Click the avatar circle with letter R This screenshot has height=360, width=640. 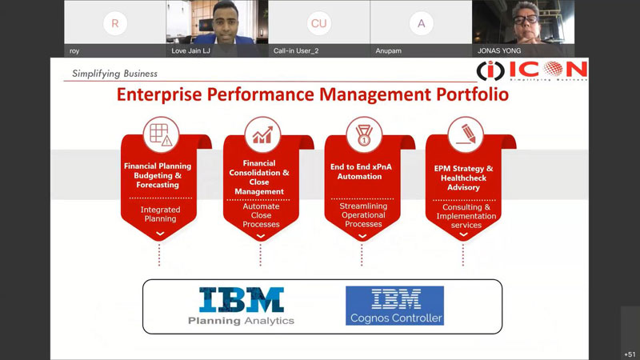(115, 23)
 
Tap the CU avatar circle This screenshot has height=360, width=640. (318, 23)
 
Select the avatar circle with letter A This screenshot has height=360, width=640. (422, 23)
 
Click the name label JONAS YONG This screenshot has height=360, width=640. (499, 51)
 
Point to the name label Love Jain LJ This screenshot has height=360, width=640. (190, 51)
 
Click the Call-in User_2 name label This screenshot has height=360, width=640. (296, 51)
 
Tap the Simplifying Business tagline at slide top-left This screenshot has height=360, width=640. (114, 74)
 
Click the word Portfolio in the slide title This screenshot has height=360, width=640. (472, 94)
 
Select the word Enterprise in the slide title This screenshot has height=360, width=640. (159, 94)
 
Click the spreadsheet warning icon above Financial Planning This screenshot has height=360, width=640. (162, 134)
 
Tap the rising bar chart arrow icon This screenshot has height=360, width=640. (262, 134)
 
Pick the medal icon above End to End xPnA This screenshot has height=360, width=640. (364, 135)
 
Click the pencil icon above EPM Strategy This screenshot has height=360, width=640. (466, 134)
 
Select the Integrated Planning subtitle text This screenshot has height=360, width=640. (161, 214)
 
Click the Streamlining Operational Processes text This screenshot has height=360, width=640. (363, 215)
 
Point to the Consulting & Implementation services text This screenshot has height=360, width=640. (466, 216)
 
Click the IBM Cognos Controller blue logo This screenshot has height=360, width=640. (394, 306)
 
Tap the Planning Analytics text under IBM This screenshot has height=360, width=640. (242, 321)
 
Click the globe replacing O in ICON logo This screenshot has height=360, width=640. (553, 69)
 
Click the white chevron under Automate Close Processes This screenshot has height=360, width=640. (261, 236)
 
